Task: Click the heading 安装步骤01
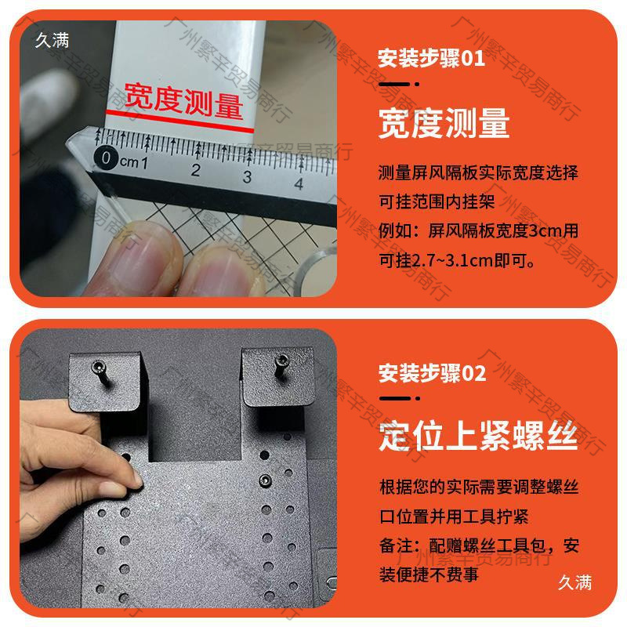tap(432, 58)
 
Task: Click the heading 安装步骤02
tap(433, 373)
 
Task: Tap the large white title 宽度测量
tap(444, 123)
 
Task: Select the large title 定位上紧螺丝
tap(478, 436)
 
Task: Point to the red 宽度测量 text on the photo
tap(184, 101)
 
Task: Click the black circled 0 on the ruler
tap(106, 158)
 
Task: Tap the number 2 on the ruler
tap(195, 170)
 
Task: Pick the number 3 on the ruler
tap(247, 177)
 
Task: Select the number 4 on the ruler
tap(299, 183)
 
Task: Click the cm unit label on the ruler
tap(129, 162)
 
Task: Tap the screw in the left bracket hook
tap(100, 371)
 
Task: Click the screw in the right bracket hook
tap(282, 365)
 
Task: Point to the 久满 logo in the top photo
tap(52, 40)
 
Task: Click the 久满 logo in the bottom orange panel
tap(574, 582)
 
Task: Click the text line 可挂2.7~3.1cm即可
tap(457, 261)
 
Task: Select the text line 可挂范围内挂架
tap(437, 201)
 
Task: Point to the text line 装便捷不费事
tap(429, 574)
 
